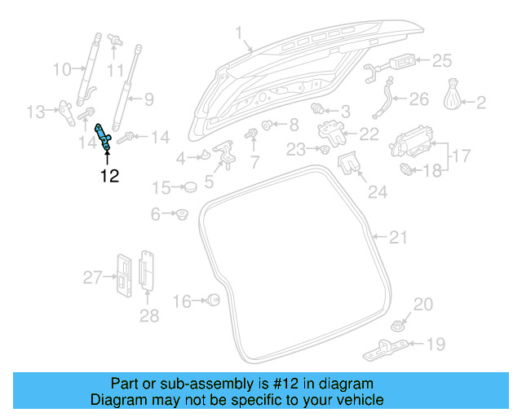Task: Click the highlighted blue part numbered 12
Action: pos(104,136)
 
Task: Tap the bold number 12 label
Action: pos(109,176)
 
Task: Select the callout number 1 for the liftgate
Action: pos(239,33)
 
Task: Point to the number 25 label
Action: pos(441,60)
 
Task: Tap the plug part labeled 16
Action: pos(214,301)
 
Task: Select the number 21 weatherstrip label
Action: pos(397,238)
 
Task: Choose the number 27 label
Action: pos(92,278)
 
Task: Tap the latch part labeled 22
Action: pos(331,131)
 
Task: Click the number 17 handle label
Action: pos(461,154)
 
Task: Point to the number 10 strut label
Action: pos(62,70)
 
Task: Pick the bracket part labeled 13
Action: pos(64,109)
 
